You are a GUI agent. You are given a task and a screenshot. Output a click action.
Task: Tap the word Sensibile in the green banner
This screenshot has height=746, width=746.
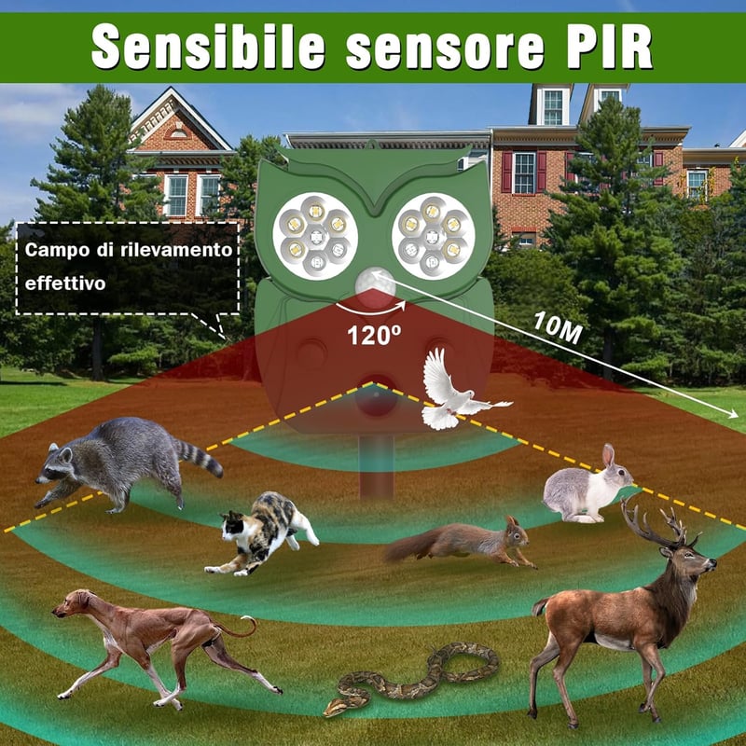pyautogui.click(x=208, y=47)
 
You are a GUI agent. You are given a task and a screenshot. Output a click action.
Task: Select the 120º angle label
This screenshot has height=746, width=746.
pyautogui.click(x=374, y=335)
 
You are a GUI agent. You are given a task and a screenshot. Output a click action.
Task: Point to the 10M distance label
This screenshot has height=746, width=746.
pyautogui.click(x=558, y=327)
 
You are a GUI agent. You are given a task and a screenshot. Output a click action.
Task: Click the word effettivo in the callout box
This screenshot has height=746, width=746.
pyautogui.click(x=65, y=283)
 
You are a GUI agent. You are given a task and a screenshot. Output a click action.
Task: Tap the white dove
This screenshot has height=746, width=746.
pyautogui.click(x=460, y=391)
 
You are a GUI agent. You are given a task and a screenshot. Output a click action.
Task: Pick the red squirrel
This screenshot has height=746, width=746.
pyautogui.click(x=460, y=542)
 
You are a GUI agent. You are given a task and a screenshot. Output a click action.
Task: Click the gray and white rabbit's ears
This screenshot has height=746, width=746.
pyautogui.click(x=609, y=456)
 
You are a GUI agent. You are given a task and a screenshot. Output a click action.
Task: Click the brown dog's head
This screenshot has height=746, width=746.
pyautogui.click(x=73, y=602)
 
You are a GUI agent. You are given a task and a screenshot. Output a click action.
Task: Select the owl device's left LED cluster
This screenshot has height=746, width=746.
pyautogui.click(x=316, y=236)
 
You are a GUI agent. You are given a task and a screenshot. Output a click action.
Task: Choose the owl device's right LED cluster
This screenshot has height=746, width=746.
pyautogui.click(x=433, y=236)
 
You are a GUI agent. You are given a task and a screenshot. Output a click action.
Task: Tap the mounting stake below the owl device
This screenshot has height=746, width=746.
pyautogui.click(x=377, y=467)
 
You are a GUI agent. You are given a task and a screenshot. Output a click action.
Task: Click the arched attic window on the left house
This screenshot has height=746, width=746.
pyautogui.click(x=178, y=132)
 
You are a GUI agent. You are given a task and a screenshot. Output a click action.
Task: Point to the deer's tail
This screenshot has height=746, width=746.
pyautogui.click(x=540, y=607)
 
